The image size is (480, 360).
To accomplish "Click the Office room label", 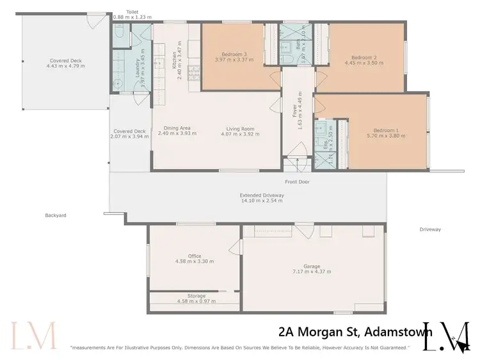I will [x=195, y=256].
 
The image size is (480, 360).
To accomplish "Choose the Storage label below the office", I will [x=195, y=296].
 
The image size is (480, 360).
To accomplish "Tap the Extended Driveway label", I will [x=260, y=195].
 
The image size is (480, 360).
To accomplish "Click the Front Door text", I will [x=298, y=182].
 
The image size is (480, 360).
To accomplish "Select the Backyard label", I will [x=56, y=215].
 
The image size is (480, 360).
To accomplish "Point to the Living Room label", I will [x=241, y=128].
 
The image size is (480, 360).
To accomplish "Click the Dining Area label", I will [x=177, y=128].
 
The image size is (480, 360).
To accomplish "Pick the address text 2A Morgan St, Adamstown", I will [x=355, y=331].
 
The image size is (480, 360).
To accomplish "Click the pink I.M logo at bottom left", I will [x=33, y=335].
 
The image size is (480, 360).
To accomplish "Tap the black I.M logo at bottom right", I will [x=448, y=335].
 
